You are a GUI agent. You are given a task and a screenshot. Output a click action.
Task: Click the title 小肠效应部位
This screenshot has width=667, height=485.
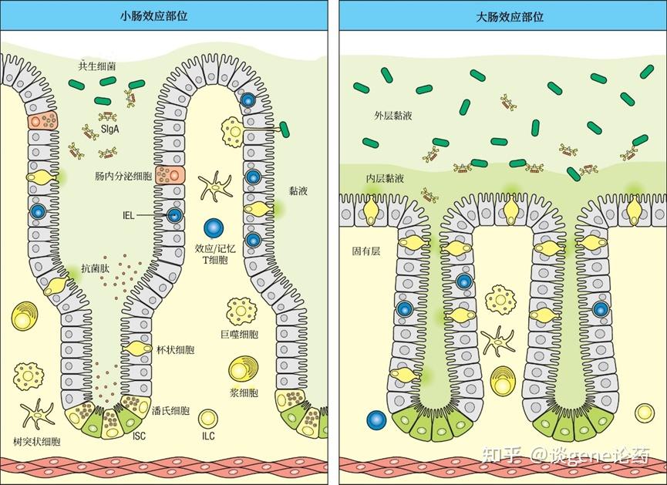tap(163, 15)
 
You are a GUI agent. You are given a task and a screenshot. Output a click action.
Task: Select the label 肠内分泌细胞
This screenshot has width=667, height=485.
tap(123, 176)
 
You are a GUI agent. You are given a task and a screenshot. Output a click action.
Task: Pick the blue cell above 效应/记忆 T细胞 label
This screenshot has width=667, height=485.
tap(214, 228)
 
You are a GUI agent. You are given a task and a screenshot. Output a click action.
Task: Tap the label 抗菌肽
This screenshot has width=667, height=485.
tap(93, 268)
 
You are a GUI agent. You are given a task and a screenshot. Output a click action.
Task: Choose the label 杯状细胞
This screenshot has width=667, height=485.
tap(175, 349)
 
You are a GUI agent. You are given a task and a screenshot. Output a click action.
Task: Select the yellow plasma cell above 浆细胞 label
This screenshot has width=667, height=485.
tap(246, 369)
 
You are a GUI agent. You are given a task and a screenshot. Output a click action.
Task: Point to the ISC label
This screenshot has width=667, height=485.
tap(139, 436)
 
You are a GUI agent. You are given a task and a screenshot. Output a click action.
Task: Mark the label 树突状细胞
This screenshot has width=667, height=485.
tap(37, 441)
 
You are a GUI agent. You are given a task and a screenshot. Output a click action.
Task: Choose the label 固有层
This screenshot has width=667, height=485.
tap(366, 252)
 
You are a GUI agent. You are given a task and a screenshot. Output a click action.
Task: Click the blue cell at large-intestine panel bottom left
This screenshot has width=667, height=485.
tap(376, 420)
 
